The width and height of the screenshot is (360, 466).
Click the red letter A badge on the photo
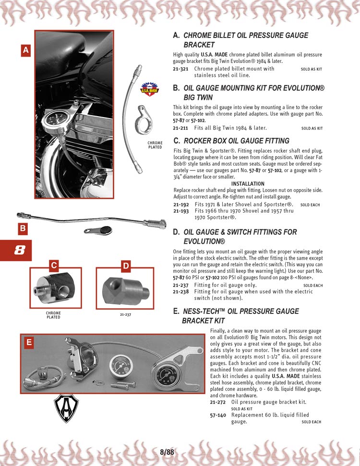(26, 50)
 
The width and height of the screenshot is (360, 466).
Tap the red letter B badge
(22, 229)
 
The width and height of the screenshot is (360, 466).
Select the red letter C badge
(54, 265)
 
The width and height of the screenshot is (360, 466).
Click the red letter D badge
(125, 265)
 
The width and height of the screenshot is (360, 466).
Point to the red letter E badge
(29, 342)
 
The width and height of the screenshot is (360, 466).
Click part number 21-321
(180, 69)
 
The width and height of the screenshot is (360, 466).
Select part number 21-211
(180, 128)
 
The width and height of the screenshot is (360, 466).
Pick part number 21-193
(180, 211)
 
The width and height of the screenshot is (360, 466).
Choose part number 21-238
(180, 291)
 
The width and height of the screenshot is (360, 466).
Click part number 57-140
(218, 415)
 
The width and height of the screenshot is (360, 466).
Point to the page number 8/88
(167, 451)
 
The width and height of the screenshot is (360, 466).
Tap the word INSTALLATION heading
(248, 184)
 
